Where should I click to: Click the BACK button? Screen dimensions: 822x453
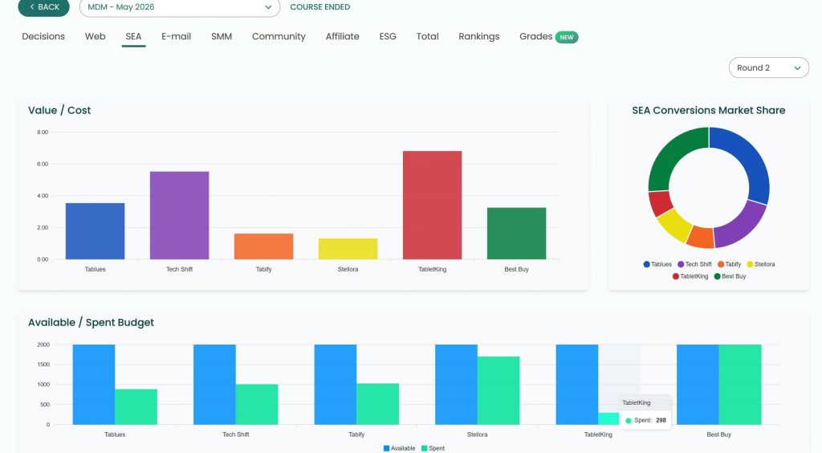point(43,7)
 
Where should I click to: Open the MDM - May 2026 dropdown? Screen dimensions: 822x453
point(180,7)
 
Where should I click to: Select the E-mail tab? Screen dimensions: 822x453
point(176,37)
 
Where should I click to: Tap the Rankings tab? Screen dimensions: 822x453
point(478,37)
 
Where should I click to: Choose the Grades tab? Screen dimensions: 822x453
point(535,37)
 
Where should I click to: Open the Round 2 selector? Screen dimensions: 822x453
point(768,67)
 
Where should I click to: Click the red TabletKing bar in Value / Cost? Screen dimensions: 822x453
point(432,205)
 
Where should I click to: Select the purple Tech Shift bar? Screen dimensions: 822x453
point(179,215)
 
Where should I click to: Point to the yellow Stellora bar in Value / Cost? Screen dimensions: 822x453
point(348,249)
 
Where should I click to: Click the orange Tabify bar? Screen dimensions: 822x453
point(263,247)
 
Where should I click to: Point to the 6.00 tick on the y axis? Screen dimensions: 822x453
point(43,164)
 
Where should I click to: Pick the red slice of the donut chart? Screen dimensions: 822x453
point(660,203)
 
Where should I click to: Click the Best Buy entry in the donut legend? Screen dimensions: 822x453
point(730,276)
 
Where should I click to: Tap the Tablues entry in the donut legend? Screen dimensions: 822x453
point(657,264)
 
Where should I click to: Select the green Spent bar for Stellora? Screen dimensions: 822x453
point(498,390)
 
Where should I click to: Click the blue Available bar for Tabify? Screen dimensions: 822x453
point(336,384)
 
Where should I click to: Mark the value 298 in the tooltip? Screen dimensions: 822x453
point(661,420)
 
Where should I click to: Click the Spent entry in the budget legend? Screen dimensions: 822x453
point(433,448)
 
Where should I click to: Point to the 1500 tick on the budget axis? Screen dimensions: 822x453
point(43,365)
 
